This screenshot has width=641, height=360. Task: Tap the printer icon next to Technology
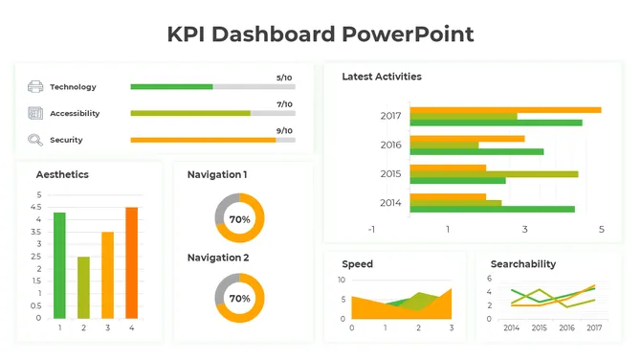tap(35, 87)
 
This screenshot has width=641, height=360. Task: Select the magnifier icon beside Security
tap(35, 140)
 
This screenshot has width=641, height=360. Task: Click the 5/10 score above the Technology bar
tap(284, 78)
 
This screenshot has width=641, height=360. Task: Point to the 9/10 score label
tap(284, 130)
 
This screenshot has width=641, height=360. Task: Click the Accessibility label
tap(75, 114)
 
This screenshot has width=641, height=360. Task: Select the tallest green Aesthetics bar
tap(59, 265)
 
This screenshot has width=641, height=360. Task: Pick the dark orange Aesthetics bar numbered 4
tap(131, 262)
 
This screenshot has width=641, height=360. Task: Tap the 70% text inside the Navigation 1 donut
tap(239, 219)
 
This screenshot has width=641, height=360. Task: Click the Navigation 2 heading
tap(218, 258)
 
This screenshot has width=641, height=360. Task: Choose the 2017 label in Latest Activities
tap(390, 116)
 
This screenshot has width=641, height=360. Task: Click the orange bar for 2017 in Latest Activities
tap(505, 110)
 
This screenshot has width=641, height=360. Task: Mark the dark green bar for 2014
tap(492, 209)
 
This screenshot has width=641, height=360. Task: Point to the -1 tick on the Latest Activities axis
tap(371, 230)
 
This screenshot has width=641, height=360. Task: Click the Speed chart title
tap(357, 263)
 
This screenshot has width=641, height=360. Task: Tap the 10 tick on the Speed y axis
tap(342, 280)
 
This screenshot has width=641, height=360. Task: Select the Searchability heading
tap(522, 263)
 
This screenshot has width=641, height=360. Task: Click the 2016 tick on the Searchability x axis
tap(566, 327)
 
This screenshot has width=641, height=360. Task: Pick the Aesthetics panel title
tap(62, 174)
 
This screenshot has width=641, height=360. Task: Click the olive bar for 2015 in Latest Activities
tap(494, 173)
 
